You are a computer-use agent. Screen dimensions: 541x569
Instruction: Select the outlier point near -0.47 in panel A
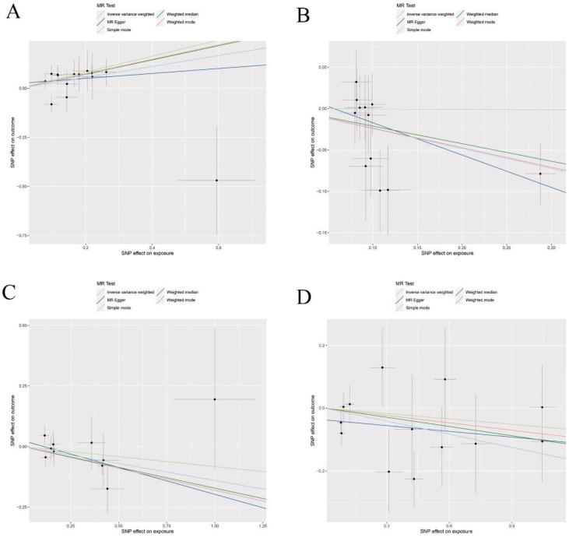click(x=216, y=180)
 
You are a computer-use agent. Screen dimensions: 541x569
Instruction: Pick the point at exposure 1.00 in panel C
click(x=214, y=399)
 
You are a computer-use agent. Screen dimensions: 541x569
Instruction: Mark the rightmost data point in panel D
click(x=543, y=407)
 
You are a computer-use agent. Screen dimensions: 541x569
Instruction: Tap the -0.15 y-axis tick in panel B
click(x=318, y=232)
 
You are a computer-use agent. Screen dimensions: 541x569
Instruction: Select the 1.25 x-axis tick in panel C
click(x=263, y=527)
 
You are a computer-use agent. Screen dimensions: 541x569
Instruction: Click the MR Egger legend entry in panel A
click(x=105, y=22)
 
